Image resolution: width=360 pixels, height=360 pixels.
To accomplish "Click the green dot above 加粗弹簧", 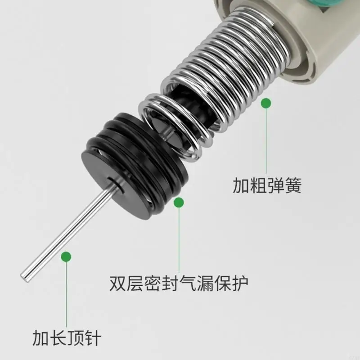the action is pos(266,103).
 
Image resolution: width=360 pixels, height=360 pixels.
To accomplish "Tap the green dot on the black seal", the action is pos(179,202).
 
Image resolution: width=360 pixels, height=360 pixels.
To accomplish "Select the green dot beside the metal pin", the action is pos(66,256).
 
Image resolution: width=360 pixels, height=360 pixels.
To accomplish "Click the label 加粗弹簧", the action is pos(267,185).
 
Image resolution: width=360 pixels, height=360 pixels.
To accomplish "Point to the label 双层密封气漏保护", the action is pos(179,283).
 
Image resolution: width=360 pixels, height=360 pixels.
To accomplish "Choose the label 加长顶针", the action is pos(67,338).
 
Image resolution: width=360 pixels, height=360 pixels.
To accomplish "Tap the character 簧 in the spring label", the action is pos(293,185).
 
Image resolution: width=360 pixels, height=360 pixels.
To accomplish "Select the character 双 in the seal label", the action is pos(118,283).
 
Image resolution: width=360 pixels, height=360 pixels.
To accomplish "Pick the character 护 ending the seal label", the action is pos(240,283).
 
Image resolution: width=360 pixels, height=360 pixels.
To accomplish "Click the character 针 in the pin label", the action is pos(93,338).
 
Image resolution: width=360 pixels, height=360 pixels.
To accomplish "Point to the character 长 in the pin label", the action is pos(58,338).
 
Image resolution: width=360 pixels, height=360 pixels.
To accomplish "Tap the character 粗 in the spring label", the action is pos(258,185).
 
